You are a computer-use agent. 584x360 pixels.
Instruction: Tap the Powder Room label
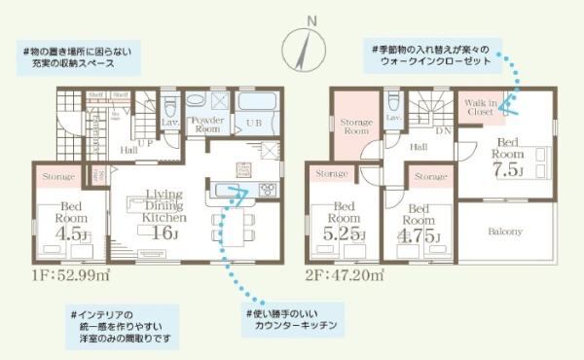point(206,124)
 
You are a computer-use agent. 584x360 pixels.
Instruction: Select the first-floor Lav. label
point(169,121)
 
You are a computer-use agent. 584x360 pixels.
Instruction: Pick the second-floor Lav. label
point(393,117)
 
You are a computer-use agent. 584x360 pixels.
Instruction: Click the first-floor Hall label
point(128,150)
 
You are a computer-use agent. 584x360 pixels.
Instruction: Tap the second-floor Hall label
point(419,148)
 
